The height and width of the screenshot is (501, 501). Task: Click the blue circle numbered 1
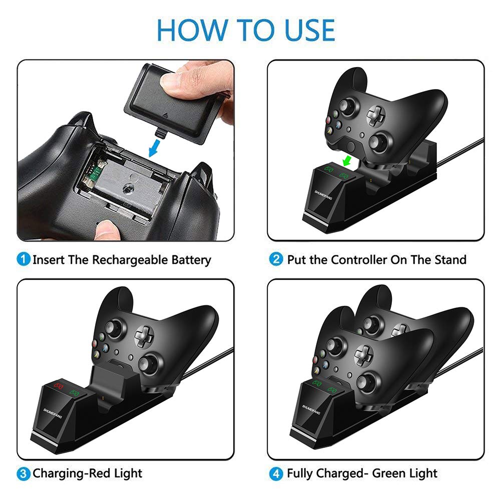click(24, 259)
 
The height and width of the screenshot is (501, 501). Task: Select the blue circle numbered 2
click(276, 259)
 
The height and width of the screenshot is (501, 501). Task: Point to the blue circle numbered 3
click(24, 473)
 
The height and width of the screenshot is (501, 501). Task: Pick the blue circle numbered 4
click(276, 473)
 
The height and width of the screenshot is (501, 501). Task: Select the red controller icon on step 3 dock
click(58, 386)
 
